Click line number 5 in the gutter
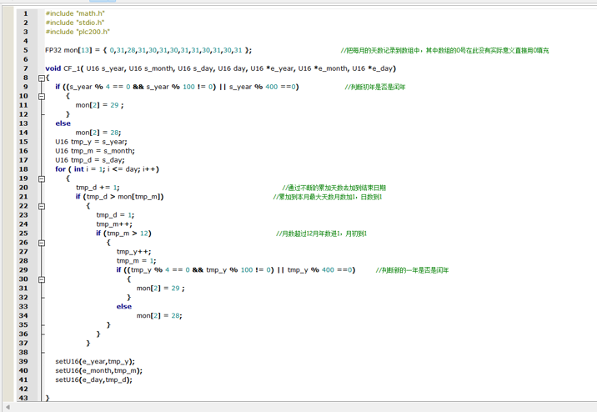pyautogui.click(x=26, y=50)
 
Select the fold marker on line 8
pyautogui.click(x=42, y=78)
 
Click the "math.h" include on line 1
pyautogui.click(x=75, y=13)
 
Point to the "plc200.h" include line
pyautogui.click(x=78, y=32)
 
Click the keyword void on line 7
pyautogui.click(x=53, y=68)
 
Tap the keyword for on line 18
pyautogui.click(x=60, y=169)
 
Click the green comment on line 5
pyautogui.click(x=444, y=50)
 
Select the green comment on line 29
pyautogui.click(x=412, y=270)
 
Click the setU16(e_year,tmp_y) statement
pyautogui.click(x=95, y=361)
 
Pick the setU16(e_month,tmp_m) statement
pyautogui.click(x=98, y=370)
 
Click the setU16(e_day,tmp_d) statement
pyautogui.click(x=93, y=379)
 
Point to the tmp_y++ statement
pyautogui.click(x=133, y=252)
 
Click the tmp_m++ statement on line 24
pyautogui.click(x=114, y=224)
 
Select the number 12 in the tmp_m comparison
pyautogui.click(x=144, y=234)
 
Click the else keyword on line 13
pyautogui.click(x=63, y=123)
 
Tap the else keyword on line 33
pyautogui.click(x=124, y=307)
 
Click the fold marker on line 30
pyautogui.click(x=42, y=279)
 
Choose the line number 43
pyautogui.click(x=23, y=398)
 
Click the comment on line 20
pyautogui.click(x=334, y=188)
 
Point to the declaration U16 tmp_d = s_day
pyautogui.click(x=90, y=160)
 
